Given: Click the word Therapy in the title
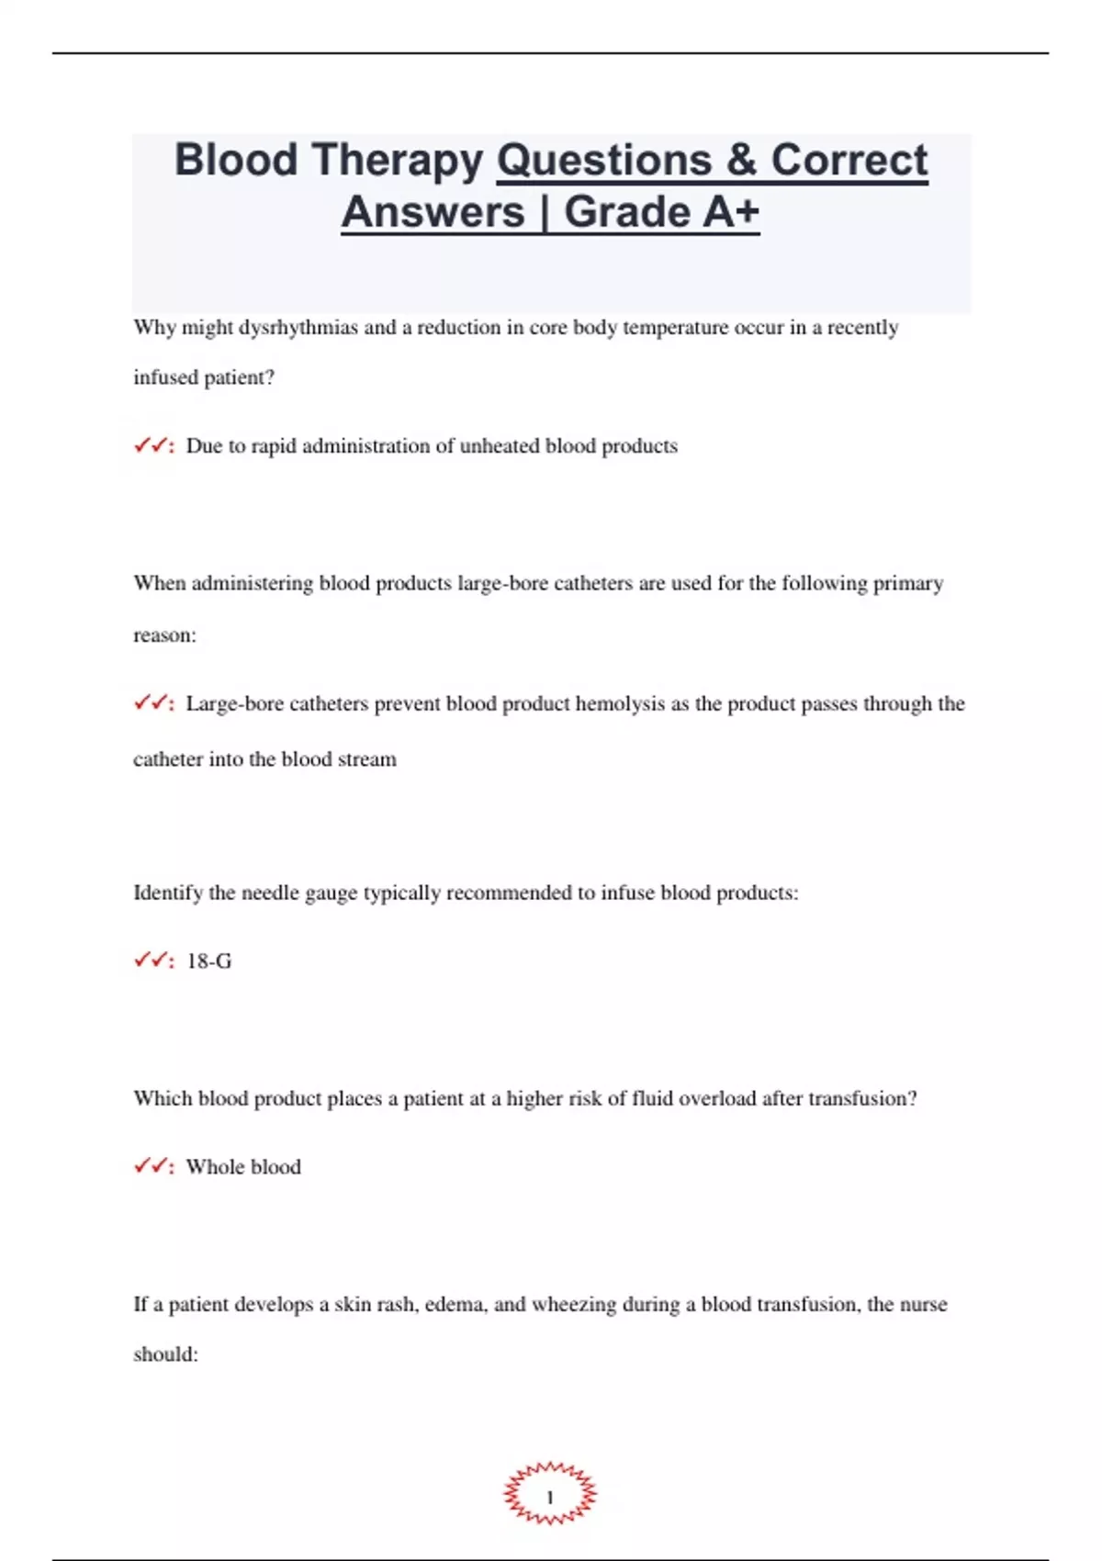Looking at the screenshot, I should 398,161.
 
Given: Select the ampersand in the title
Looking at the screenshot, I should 740,161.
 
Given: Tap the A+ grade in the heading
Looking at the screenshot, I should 731,212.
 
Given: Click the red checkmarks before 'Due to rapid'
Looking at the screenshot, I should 151,446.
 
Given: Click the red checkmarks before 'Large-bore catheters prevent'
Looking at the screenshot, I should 151,704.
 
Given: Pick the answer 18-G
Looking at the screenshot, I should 208,961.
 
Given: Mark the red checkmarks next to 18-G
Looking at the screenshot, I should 151,961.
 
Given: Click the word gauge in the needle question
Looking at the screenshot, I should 331,893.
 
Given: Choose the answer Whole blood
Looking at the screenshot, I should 243,1167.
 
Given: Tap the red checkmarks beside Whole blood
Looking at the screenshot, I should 151,1167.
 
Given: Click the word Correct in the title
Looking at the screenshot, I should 849,161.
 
